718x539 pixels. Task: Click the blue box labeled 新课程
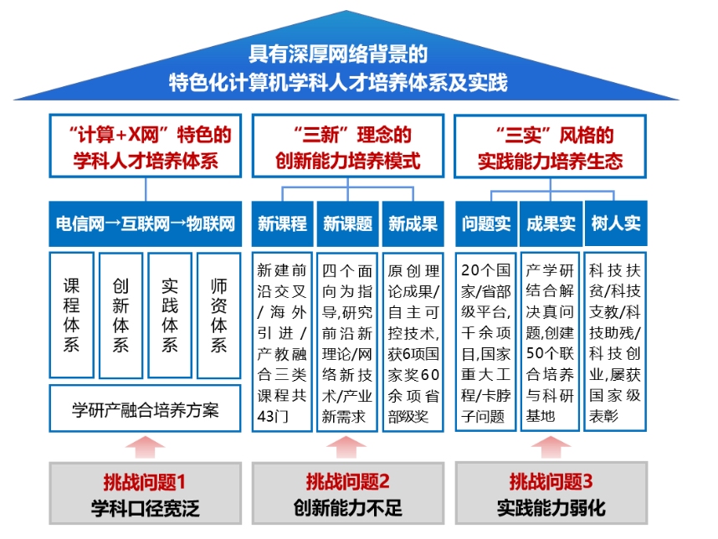coord(282,223)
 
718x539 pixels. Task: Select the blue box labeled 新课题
coord(347,223)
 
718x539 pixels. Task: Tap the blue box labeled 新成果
coord(413,223)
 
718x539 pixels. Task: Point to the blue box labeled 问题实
coord(486,223)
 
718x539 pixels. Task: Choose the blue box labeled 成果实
coord(551,223)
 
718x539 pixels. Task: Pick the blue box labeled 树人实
coord(616,223)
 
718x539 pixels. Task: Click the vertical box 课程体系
coord(71,315)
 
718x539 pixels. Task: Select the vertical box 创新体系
coord(121,315)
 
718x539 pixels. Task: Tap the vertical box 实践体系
coord(170,315)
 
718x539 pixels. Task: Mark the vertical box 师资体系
coord(219,315)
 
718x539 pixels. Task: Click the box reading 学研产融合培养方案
coord(145,409)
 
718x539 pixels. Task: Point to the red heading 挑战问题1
coord(144,482)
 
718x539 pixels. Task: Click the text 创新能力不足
coord(347,508)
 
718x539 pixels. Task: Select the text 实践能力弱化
coord(551,508)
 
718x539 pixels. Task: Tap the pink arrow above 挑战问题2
coord(346,447)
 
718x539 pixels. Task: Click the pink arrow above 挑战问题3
coord(551,447)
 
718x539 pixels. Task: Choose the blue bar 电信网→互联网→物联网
coord(145,223)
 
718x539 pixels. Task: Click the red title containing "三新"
coord(347,147)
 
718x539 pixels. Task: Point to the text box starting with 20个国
coord(486,342)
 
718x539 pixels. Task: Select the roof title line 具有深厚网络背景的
coord(338,54)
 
